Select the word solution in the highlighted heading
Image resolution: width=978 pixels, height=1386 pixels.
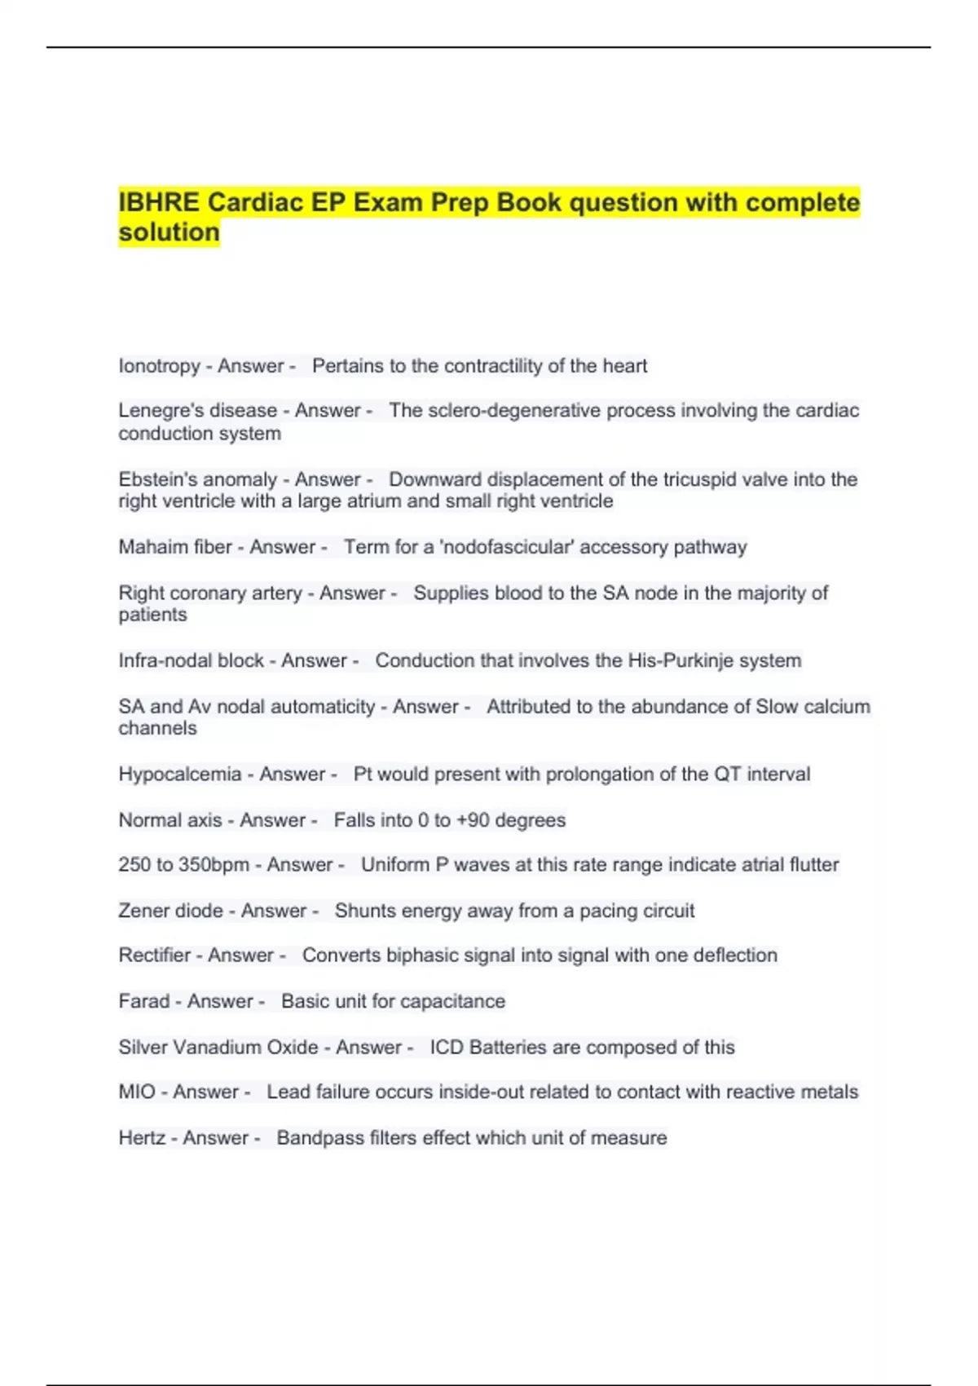pyautogui.click(x=169, y=232)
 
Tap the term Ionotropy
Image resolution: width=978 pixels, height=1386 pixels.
pyautogui.click(x=159, y=366)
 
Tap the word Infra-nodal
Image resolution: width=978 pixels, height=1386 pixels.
pyautogui.click(x=159, y=660)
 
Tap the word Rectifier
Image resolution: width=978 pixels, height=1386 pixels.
pyautogui.click(x=154, y=956)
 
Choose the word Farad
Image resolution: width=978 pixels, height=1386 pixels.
pyautogui.click(x=144, y=1001)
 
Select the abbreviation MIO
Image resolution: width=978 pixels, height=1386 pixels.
pyautogui.click(x=137, y=1092)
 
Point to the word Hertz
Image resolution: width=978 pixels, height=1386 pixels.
pyautogui.click(x=142, y=1138)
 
